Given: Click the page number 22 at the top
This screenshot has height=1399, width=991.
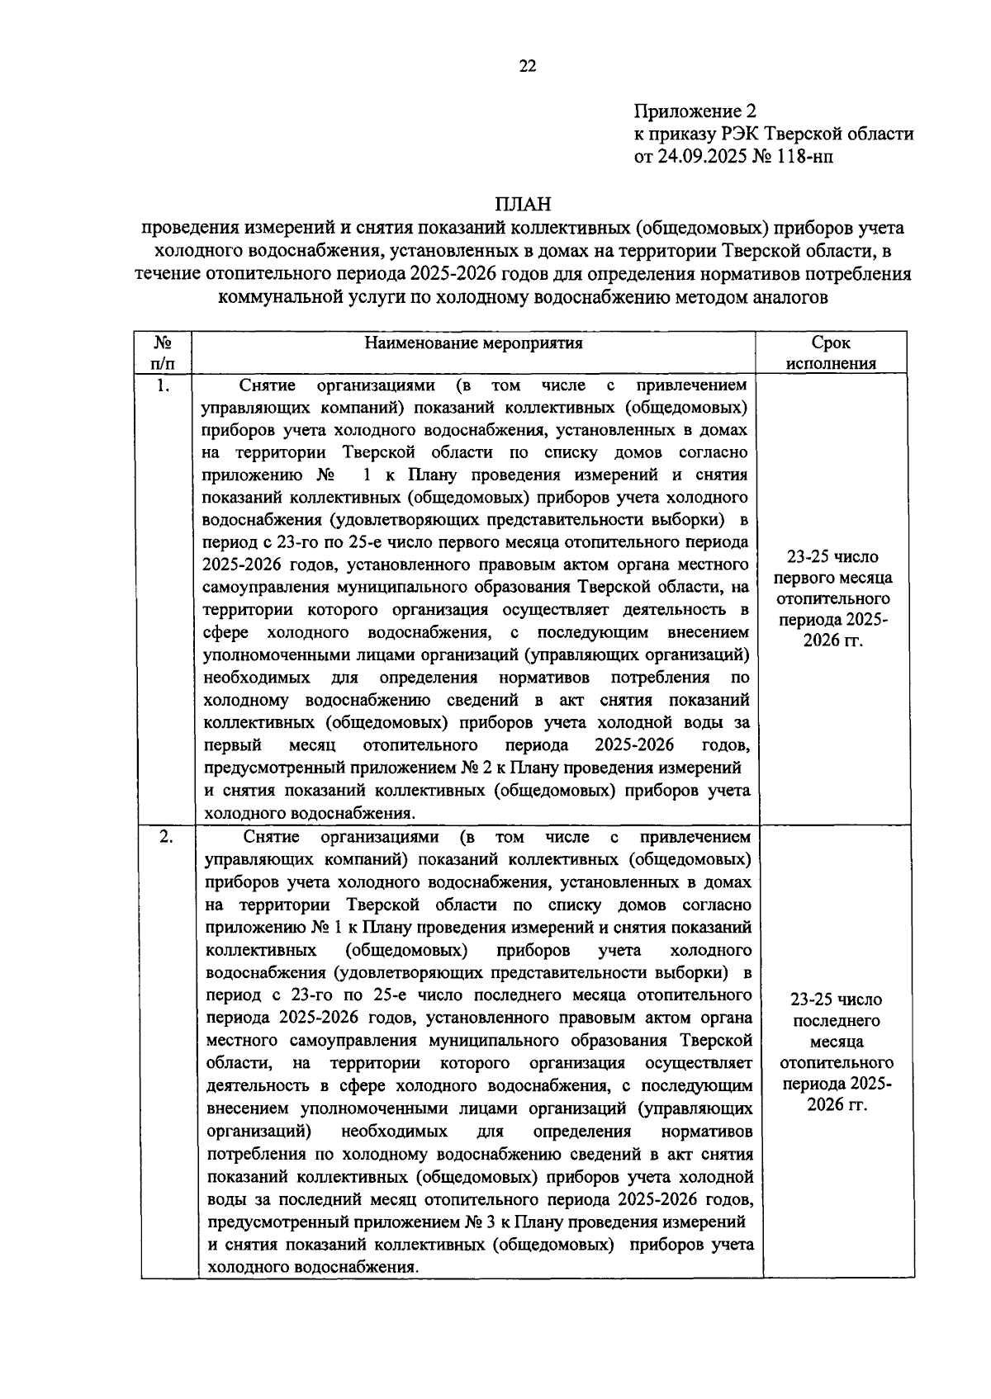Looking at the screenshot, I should (528, 67).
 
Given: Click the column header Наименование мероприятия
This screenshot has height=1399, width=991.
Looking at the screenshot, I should (473, 343).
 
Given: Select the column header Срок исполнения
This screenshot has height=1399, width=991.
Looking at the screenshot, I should (831, 353).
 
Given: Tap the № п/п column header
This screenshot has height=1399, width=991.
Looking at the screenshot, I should (163, 353).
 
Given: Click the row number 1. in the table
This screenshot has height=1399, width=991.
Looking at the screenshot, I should (164, 386).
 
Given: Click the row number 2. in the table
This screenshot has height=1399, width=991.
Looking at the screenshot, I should (166, 837).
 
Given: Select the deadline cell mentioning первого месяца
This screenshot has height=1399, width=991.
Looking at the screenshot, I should (832, 598).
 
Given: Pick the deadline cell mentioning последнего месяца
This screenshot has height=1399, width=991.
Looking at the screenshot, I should (836, 1052).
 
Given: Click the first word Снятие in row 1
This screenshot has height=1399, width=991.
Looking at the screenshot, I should (263, 385).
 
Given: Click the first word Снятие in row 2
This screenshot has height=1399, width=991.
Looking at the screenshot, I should (268, 837).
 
